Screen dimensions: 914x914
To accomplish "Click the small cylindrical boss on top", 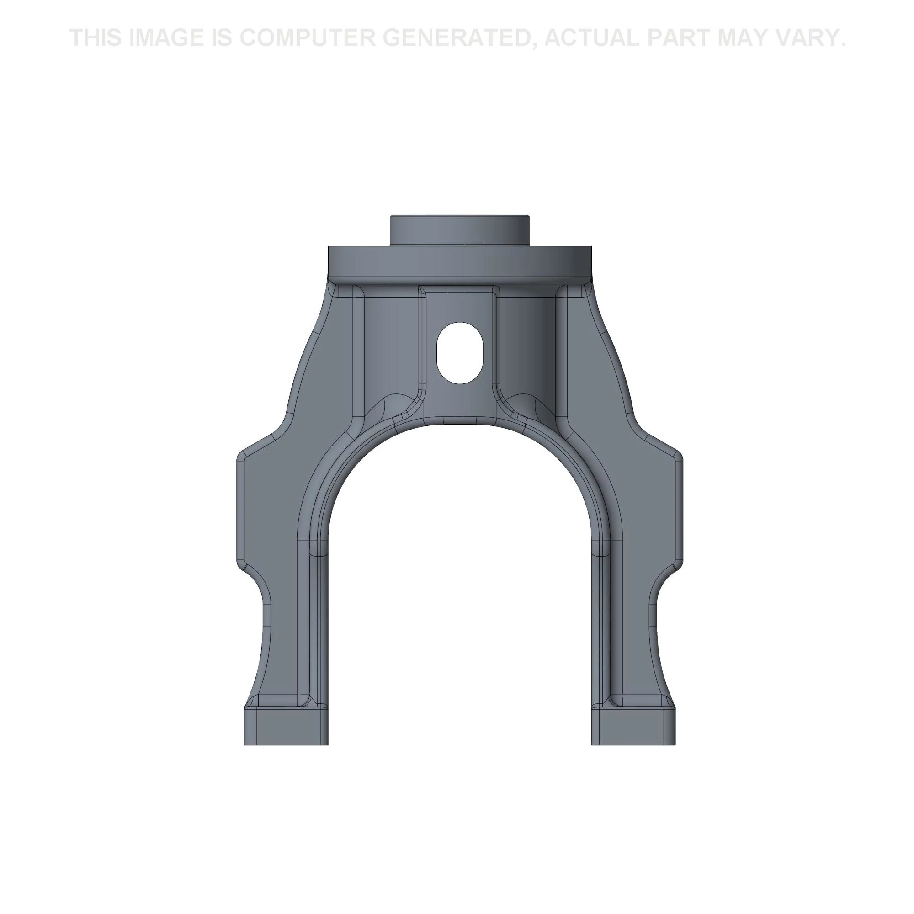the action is click(459, 231).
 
